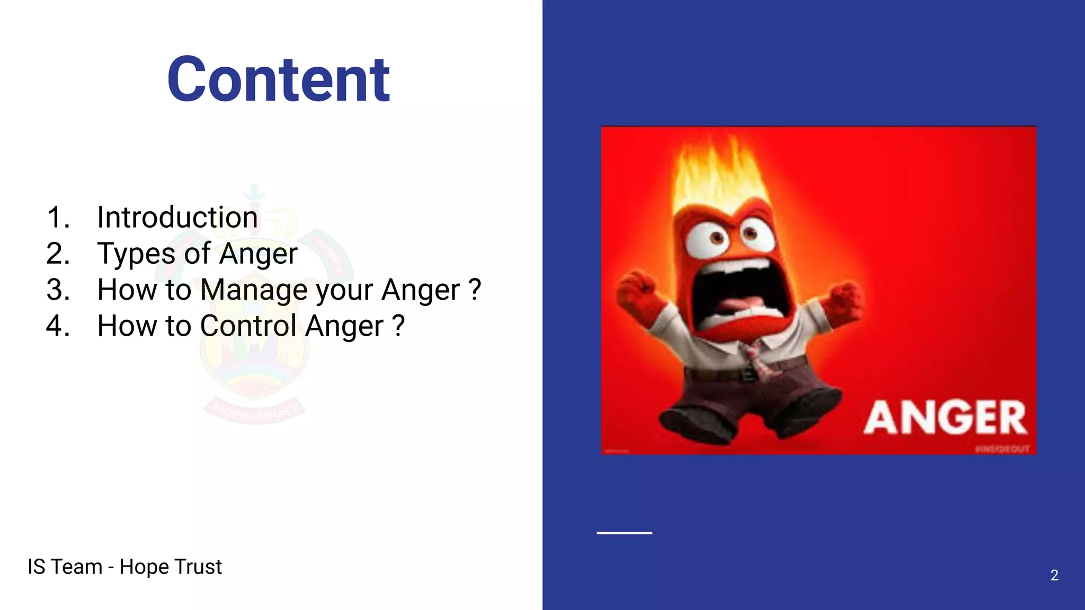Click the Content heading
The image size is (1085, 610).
[x=279, y=79]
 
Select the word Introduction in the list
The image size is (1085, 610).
[x=177, y=218]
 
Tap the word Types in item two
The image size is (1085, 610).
[x=136, y=254]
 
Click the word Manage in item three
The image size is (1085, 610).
[x=254, y=290]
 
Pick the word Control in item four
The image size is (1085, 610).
[x=248, y=326]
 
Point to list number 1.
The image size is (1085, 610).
[x=58, y=218]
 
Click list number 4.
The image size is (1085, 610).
[x=58, y=326]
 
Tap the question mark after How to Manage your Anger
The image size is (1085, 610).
[x=475, y=290]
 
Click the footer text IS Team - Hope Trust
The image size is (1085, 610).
[x=124, y=567]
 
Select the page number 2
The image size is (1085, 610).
[x=1054, y=575]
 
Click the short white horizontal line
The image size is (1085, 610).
[x=624, y=533]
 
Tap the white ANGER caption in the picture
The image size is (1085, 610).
[x=945, y=418]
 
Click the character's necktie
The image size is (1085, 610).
[x=759, y=360]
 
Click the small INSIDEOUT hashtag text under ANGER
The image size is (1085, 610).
[x=1002, y=449]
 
